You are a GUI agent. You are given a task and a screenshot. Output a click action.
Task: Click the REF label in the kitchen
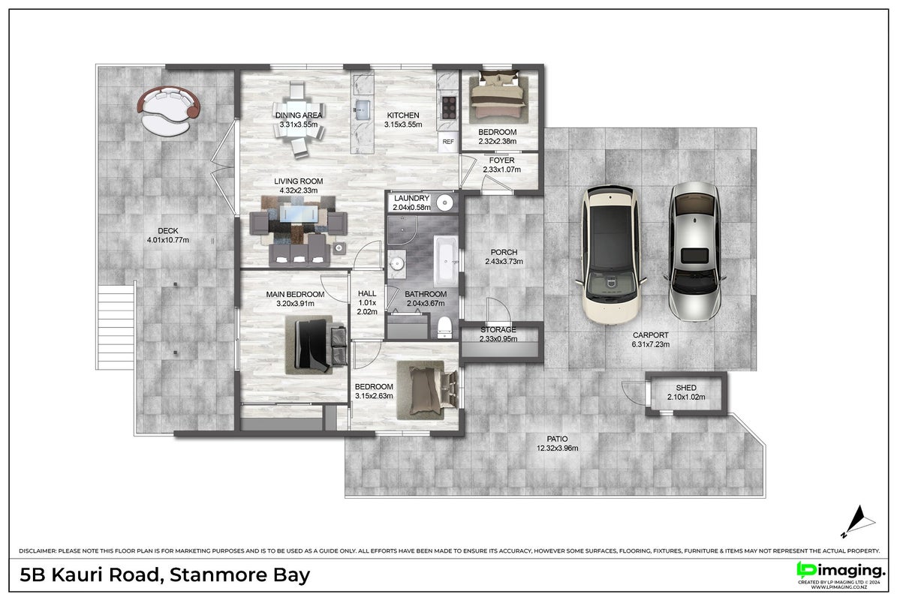click(448, 142)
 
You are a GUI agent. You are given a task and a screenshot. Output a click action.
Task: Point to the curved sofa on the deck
click(169, 110)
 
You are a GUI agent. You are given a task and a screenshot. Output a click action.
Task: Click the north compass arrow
click(859, 521)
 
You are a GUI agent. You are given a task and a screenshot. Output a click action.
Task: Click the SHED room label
click(686, 388)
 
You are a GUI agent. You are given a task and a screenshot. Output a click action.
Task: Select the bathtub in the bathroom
click(445, 260)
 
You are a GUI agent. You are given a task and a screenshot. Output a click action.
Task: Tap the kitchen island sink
click(363, 109)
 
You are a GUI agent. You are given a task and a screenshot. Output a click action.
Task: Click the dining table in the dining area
click(298, 121)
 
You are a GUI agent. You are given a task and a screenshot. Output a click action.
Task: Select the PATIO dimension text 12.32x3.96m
click(557, 448)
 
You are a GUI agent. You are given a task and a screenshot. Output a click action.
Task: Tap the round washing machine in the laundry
click(445, 202)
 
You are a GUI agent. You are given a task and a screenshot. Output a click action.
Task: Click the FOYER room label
click(501, 160)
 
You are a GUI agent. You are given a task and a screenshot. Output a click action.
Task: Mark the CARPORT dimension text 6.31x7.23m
click(650, 344)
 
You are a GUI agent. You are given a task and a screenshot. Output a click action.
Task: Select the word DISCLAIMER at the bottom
click(38, 550)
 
